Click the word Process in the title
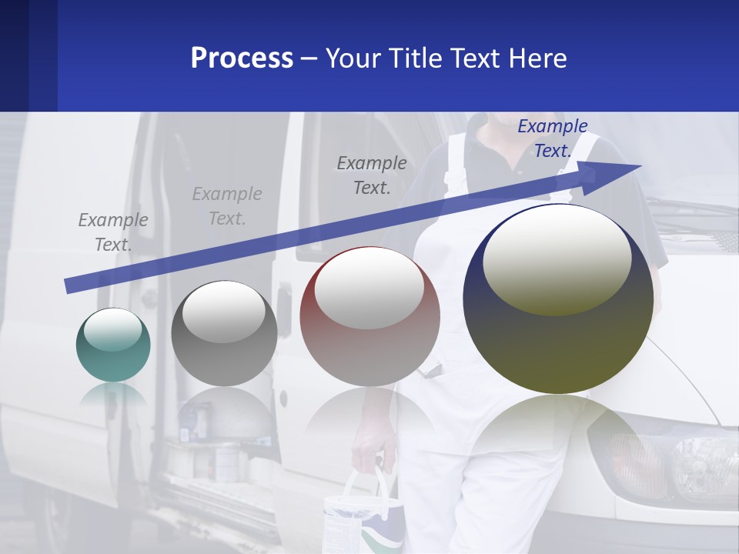pos(242,58)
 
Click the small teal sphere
pos(113,345)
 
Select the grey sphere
pos(224,333)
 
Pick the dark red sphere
pos(369,316)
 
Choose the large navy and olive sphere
pos(558,299)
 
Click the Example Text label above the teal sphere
pos(113,232)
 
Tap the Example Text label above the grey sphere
pos(227,206)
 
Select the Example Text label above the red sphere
pos(372,175)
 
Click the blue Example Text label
pos(553,138)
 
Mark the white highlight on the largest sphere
pos(557,259)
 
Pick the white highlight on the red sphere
pos(369,287)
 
